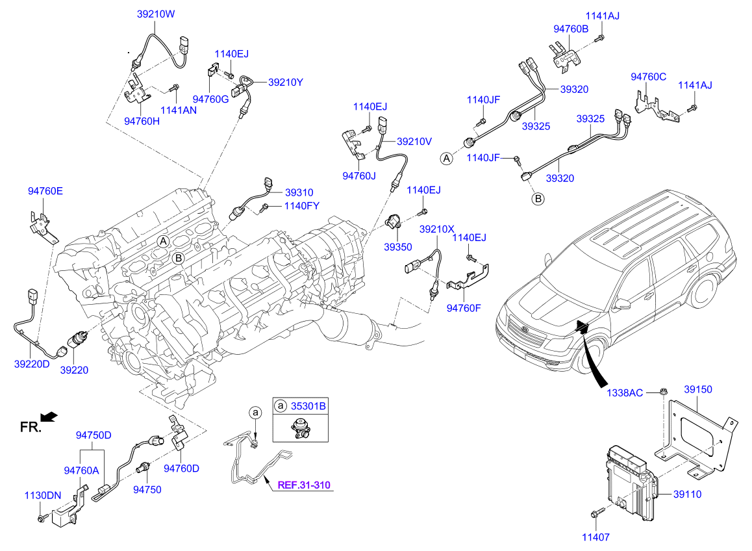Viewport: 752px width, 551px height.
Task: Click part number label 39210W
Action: [x=156, y=13]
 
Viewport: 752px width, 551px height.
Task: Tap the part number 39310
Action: [x=299, y=192]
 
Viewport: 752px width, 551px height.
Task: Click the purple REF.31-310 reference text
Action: [x=305, y=485]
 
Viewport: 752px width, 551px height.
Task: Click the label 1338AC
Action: [x=625, y=392]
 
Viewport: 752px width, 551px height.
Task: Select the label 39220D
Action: [x=32, y=364]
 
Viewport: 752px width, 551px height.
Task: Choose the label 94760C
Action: [x=649, y=77]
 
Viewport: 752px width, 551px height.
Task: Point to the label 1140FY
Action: [x=301, y=207]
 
